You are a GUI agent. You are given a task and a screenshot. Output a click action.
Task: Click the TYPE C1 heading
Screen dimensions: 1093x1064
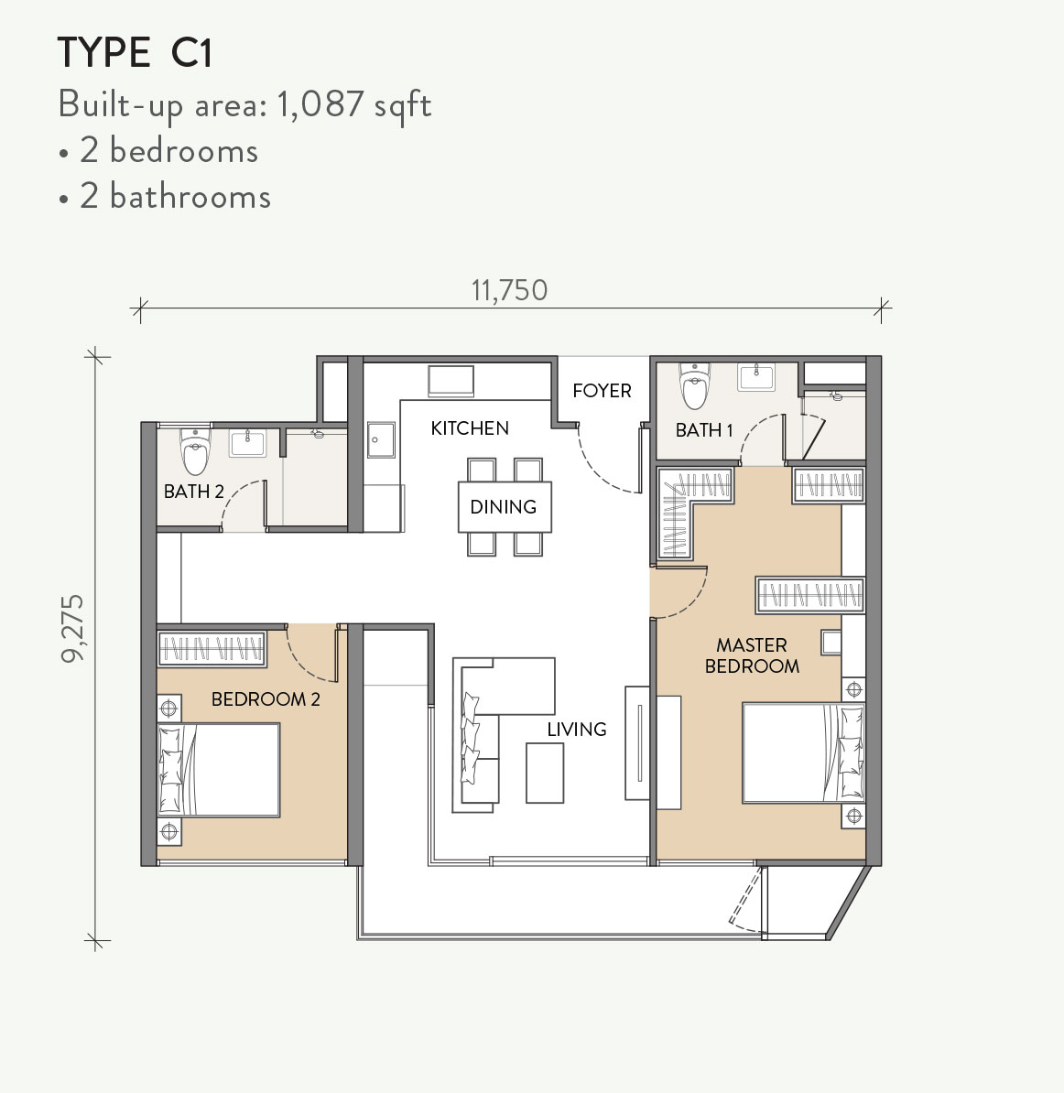pyautogui.click(x=135, y=54)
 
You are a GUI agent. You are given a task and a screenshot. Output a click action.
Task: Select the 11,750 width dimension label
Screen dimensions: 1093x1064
pyautogui.click(x=509, y=290)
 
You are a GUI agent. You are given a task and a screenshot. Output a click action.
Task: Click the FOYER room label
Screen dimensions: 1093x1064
pyautogui.click(x=602, y=391)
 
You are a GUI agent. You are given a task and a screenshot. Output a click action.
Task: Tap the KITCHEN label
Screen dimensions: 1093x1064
pyautogui.click(x=470, y=428)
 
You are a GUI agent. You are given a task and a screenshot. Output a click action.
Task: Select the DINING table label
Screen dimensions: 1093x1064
pyautogui.click(x=503, y=506)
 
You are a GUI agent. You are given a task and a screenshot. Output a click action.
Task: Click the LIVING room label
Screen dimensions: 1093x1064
pyautogui.click(x=577, y=729)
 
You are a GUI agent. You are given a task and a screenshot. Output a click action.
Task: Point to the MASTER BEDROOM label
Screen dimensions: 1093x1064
pyautogui.click(x=752, y=655)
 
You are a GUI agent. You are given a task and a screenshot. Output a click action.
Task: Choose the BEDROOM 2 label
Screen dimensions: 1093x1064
pyautogui.click(x=266, y=699)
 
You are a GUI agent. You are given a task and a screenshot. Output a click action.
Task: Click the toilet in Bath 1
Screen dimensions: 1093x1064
pyautogui.click(x=695, y=385)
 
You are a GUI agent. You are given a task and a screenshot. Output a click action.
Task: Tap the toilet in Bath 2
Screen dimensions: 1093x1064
pyautogui.click(x=195, y=450)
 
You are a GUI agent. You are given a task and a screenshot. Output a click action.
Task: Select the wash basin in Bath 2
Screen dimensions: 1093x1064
pyautogui.click(x=247, y=444)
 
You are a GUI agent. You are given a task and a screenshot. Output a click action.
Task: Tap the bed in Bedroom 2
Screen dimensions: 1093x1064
pyautogui.click(x=220, y=769)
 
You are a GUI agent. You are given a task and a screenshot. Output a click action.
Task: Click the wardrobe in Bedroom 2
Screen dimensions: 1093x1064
pyautogui.click(x=212, y=649)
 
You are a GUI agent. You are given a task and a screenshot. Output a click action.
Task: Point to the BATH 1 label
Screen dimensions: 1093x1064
pyautogui.click(x=703, y=429)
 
